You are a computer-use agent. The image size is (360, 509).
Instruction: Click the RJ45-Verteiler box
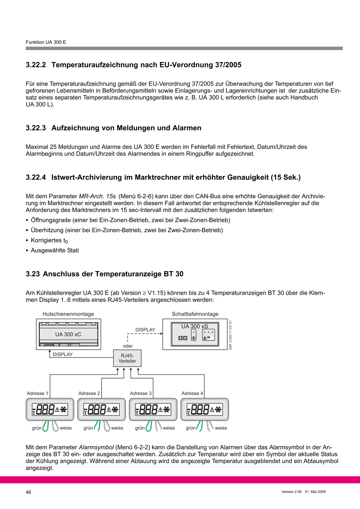127,358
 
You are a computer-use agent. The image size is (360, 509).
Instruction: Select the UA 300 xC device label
68,334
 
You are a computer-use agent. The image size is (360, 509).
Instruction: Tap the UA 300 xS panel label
194,327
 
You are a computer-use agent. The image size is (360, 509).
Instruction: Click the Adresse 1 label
37,393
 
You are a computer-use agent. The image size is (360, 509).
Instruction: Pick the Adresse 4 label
192,393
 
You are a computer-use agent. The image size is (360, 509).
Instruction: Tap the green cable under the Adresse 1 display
45,426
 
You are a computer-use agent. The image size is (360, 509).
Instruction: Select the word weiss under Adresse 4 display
221,428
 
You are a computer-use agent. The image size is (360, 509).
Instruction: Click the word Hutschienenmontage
68,314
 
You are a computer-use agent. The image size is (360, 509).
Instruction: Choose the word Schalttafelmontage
195,314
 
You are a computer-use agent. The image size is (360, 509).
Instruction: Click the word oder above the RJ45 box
128,346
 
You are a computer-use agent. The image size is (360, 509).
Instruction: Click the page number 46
29,492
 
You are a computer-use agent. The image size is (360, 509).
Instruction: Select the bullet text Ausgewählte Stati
55,250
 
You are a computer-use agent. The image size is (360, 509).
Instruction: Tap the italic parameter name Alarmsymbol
96,447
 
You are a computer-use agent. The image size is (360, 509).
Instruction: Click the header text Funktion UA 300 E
46,42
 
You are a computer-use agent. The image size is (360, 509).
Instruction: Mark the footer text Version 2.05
291,492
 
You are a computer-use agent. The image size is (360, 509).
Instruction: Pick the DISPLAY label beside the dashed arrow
145,330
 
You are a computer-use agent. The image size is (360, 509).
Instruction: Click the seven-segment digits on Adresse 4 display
200,410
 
